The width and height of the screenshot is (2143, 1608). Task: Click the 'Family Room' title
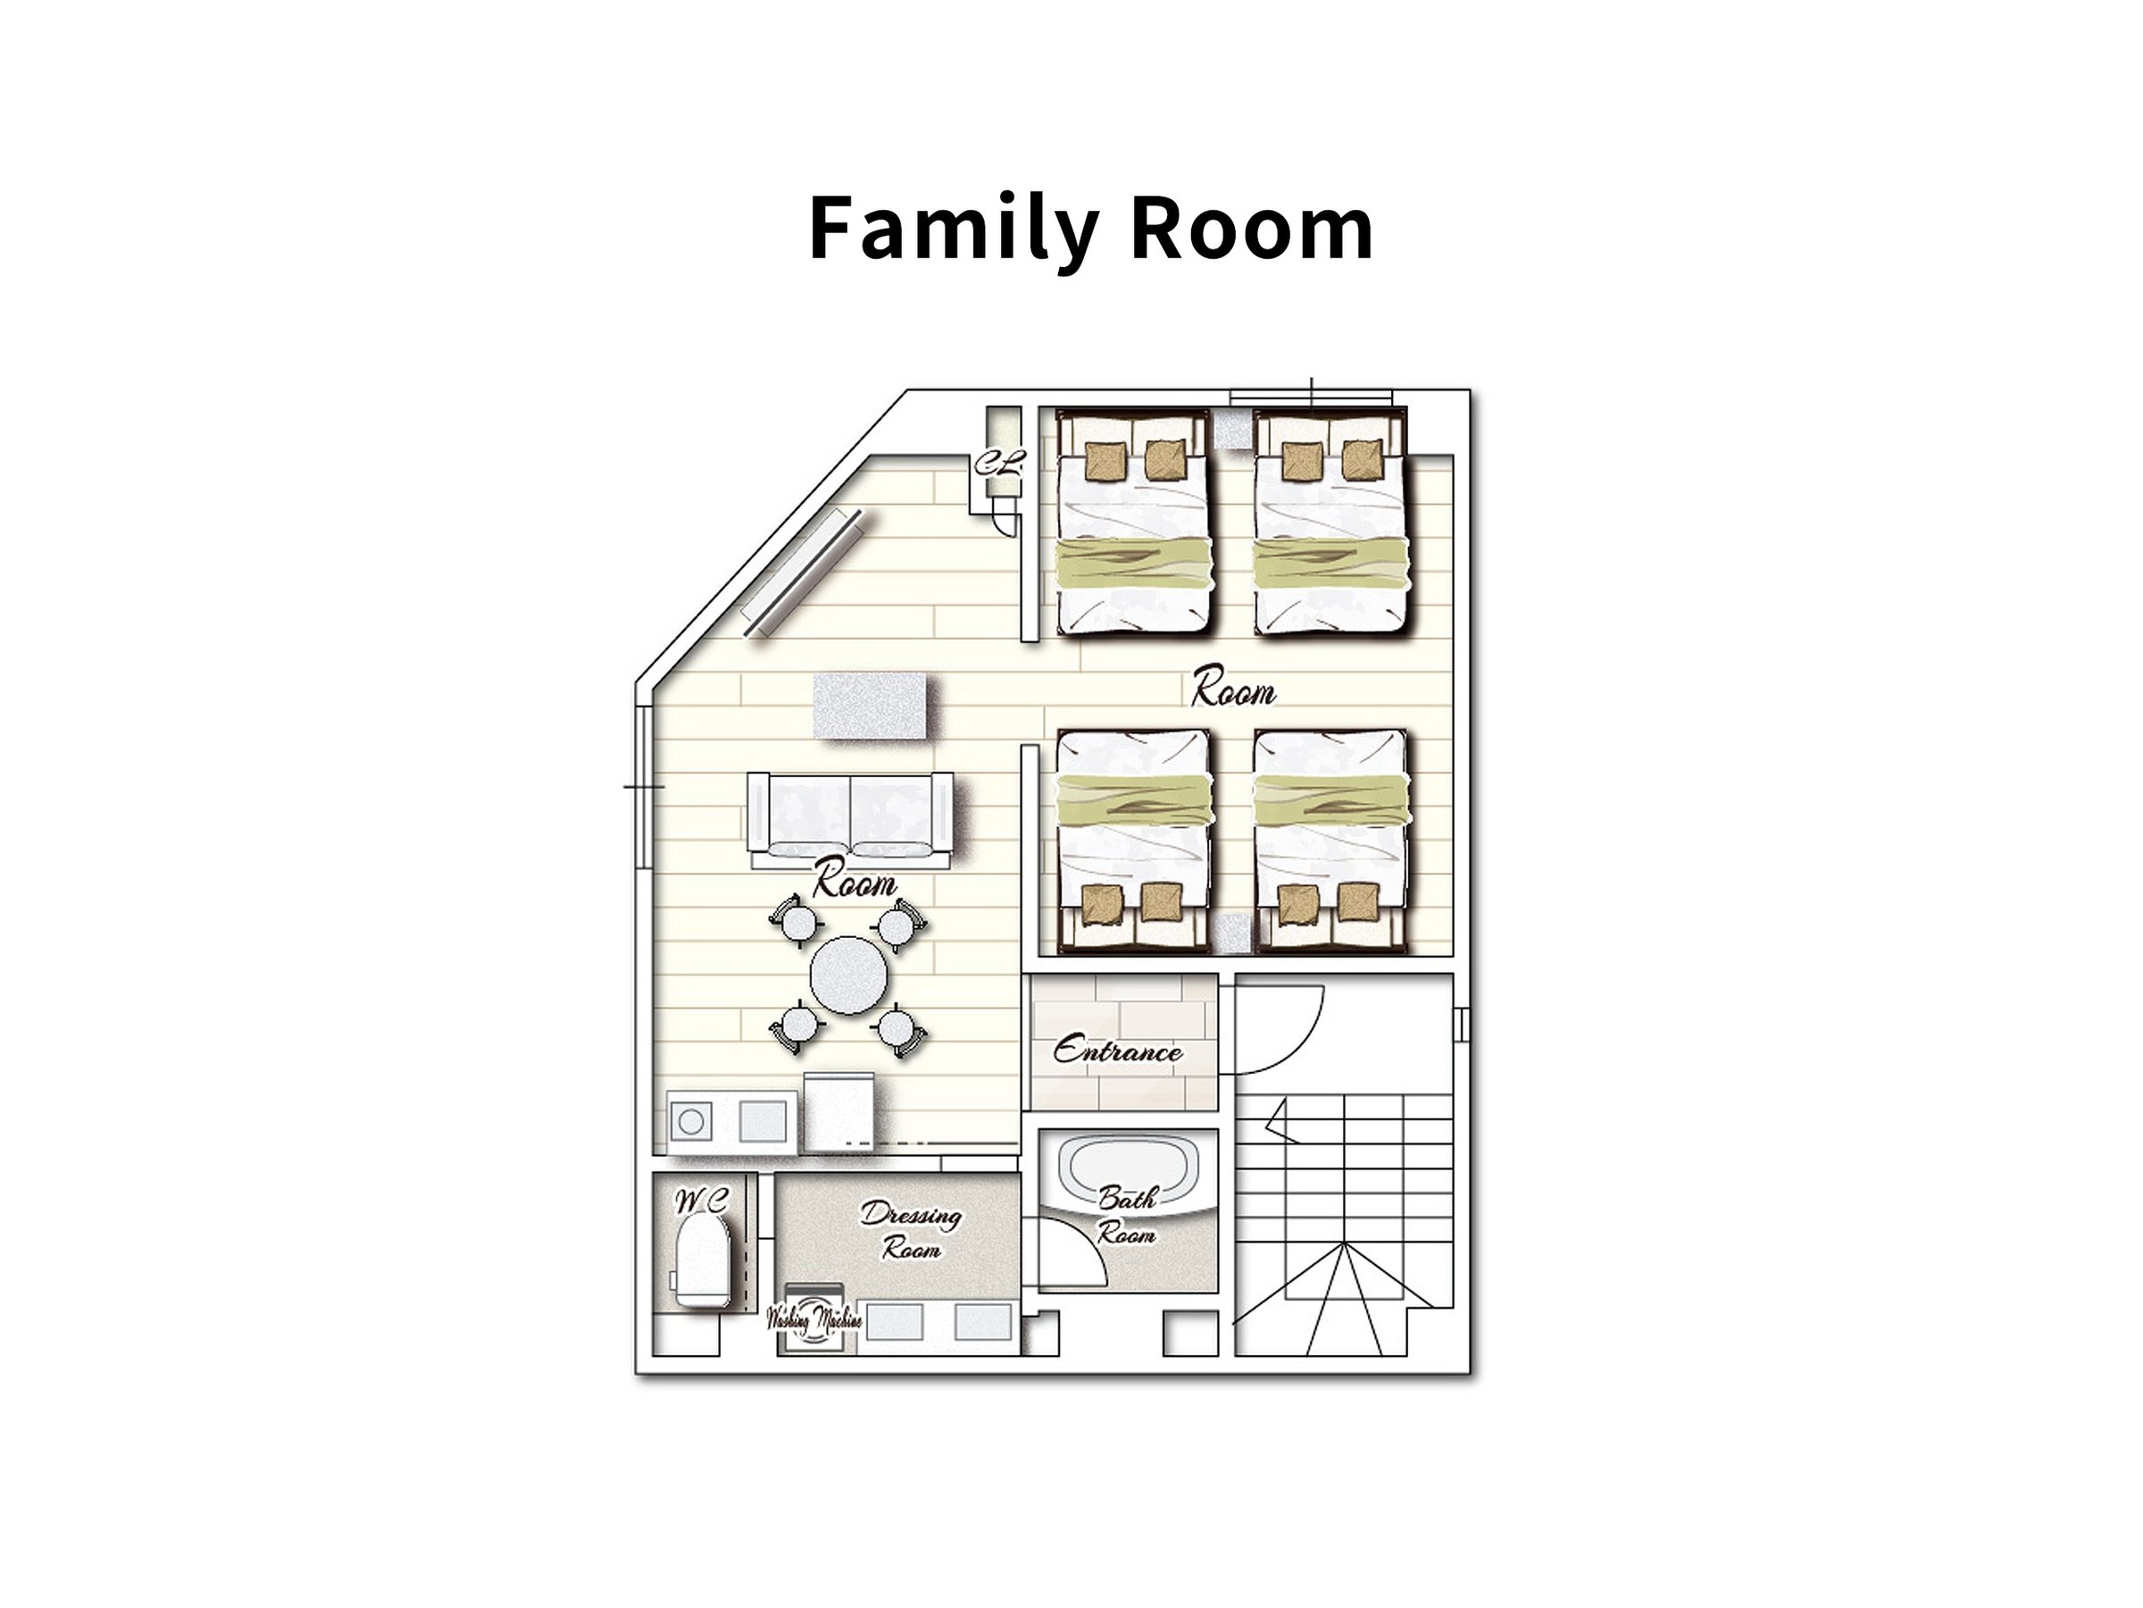1091,230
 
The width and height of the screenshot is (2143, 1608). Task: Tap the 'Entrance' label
1118,1051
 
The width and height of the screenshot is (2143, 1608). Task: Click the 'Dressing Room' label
911,1232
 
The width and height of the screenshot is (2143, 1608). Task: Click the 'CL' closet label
999,464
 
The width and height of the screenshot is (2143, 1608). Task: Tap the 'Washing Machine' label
813,1319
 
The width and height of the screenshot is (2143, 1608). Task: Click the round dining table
850,976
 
